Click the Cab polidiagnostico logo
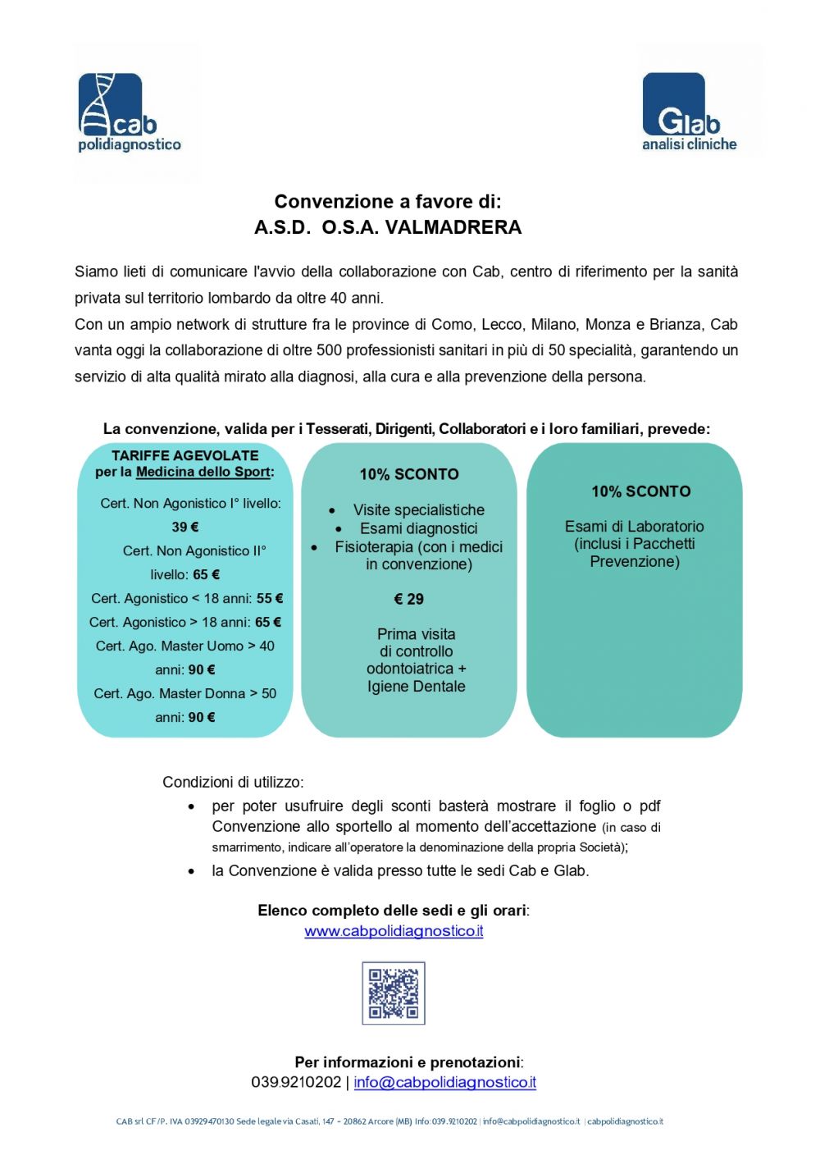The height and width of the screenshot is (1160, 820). [x=129, y=112]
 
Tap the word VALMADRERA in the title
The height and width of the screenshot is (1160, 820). [x=453, y=227]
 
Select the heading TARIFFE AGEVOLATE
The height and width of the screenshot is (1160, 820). [x=185, y=455]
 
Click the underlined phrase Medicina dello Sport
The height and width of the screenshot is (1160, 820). [x=203, y=472]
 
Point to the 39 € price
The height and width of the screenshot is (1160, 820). [x=185, y=527]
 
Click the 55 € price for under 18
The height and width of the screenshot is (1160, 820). [x=270, y=599]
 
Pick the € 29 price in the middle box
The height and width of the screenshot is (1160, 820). [x=409, y=600]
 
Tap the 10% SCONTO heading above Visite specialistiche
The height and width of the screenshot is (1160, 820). [x=409, y=474]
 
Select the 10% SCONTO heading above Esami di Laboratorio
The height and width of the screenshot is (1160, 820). [x=641, y=491]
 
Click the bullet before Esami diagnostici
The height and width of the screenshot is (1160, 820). [x=339, y=529]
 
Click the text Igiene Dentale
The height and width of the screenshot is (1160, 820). [x=416, y=687]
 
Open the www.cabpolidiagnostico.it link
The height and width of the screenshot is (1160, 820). [x=394, y=931]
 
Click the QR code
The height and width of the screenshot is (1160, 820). [x=394, y=993]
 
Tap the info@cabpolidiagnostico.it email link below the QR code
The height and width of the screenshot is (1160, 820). [x=445, y=1082]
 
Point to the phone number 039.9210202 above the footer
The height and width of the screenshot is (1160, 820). [x=296, y=1082]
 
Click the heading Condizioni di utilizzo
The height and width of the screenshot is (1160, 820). [x=233, y=782]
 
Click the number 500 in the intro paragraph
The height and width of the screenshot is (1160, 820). [x=329, y=350]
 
